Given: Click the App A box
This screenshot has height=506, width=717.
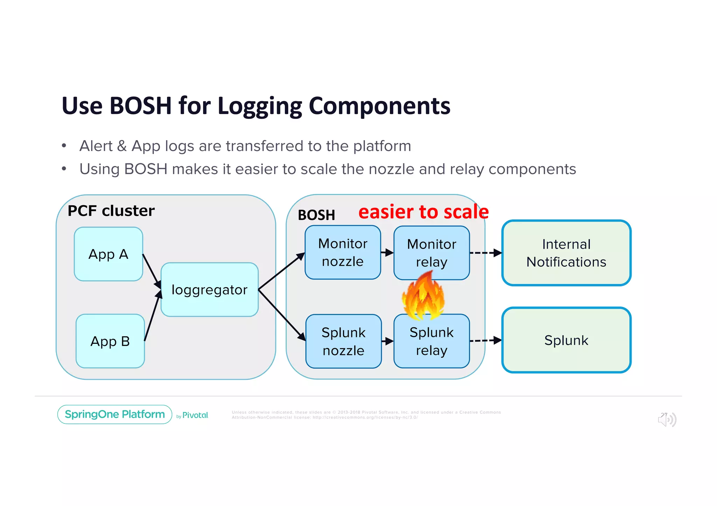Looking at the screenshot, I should (108, 254).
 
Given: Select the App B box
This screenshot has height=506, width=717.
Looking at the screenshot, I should (110, 341).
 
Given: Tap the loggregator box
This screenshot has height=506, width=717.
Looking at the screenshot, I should (209, 290).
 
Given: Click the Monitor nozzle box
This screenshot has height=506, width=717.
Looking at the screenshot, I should (342, 252).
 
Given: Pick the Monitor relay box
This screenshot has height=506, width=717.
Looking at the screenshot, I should (431, 252).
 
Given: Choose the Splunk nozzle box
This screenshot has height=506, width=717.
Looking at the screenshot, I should (343, 341).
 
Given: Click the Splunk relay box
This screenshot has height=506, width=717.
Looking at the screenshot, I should (431, 341).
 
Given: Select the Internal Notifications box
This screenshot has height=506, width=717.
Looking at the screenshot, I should (566, 253).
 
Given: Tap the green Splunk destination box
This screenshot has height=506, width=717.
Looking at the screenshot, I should (566, 340).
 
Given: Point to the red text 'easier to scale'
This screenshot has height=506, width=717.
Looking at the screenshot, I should (423, 212).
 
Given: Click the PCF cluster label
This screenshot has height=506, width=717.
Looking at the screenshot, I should (111, 211).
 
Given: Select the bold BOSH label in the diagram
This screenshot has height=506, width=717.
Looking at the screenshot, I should (316, 215).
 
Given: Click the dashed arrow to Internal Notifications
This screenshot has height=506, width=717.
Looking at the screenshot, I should (485, 253).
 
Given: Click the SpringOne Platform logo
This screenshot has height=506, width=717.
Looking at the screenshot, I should (114, 414).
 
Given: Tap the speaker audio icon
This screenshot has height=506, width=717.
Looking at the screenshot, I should (667, 419).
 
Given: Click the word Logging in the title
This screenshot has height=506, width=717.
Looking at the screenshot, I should (259, 106).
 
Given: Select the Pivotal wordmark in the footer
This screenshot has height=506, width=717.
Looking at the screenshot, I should (195, 415).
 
